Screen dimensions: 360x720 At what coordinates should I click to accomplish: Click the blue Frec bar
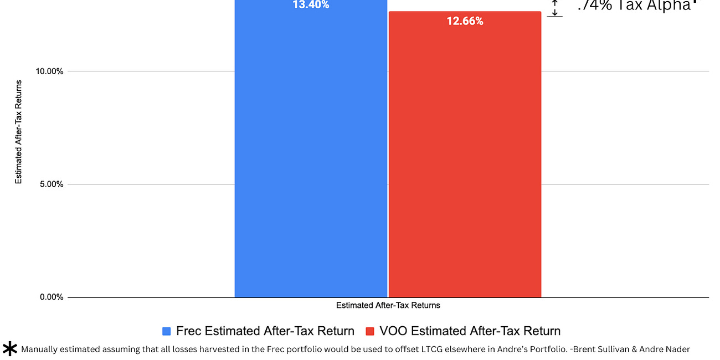coord(311,155)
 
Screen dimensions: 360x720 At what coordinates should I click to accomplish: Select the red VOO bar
coord(465,161)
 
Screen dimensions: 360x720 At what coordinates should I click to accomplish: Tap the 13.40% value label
coord(311,5)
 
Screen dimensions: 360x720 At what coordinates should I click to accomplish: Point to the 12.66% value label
coord(465,22)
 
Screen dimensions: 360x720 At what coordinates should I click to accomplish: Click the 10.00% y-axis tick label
coord(50,71)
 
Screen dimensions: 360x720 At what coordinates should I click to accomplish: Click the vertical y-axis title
coord(19,132)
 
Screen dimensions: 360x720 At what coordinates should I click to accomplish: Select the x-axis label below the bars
coord(388,305)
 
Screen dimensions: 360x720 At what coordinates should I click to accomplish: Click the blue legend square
coord(167,331)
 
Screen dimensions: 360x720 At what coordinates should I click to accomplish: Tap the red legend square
coord(370,331)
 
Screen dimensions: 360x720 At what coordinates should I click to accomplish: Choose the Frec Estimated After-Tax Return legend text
coord(265,331)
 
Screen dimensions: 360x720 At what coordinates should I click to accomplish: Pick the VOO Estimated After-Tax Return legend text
coord(470,331)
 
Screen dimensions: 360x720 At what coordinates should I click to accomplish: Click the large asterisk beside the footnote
coord(10,349)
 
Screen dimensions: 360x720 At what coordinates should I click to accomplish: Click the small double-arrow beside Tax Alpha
coord(555,8)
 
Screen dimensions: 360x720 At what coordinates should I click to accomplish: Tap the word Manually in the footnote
coord(40,349)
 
